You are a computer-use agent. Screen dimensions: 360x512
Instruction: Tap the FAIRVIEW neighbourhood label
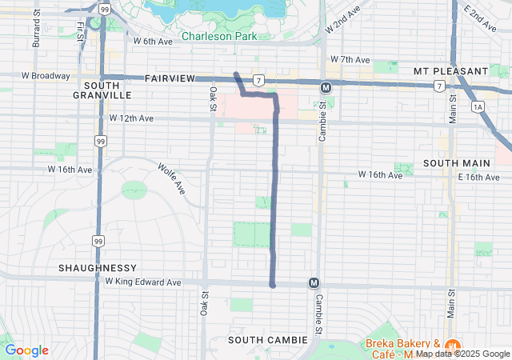click(170, 78)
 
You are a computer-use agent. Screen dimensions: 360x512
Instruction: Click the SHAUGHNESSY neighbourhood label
click(97, 267)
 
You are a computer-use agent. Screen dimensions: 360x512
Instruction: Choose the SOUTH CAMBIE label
click(267, 340)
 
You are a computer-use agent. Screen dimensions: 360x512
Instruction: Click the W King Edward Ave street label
click(143, 282)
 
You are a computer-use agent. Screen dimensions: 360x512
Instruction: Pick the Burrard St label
click(36, 29)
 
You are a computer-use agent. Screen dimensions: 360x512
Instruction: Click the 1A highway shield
click(478, 106)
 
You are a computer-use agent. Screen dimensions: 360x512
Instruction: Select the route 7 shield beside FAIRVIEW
click(258, 80)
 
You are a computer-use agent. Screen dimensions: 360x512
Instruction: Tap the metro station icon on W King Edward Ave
click(314, 283)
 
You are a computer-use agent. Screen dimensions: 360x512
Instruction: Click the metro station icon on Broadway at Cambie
click(326, 87)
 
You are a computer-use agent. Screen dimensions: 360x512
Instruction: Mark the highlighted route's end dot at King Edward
click(273, 284)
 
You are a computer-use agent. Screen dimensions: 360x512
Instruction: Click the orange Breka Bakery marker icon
click(453, 346)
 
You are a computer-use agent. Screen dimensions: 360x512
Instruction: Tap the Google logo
click(26, 350)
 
